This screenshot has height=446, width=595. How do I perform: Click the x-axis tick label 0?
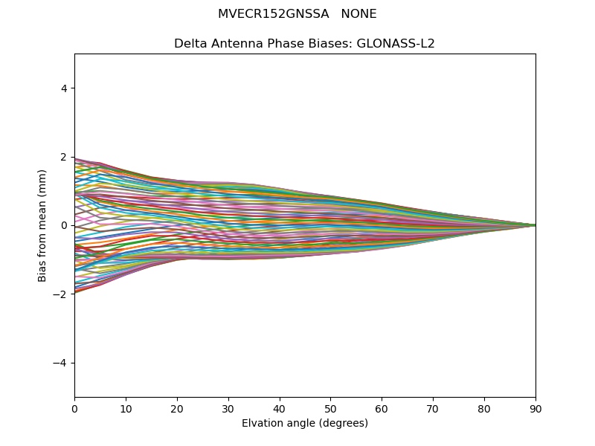(74, 408)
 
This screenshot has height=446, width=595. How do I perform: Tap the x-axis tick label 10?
(126, 408)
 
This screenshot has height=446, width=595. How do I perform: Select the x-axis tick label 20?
(177, 408)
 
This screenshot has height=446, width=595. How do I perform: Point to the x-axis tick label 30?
(228, 408)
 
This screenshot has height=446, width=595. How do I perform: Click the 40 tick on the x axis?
(280, 408)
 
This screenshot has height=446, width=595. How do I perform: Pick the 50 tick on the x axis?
(330, 408)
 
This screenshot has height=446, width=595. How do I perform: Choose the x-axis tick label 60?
(382, 408)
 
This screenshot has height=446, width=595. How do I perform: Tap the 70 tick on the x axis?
(433, 408)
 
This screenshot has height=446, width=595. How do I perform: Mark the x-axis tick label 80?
(484, 408)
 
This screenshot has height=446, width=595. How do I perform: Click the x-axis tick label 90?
(535, 408)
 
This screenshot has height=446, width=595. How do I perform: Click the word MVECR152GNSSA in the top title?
(274, 14)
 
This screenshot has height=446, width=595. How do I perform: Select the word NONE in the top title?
(358, 14)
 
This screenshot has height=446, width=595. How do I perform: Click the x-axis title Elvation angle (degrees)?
(305, 423)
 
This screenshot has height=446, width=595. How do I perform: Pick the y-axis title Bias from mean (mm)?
(43, 225)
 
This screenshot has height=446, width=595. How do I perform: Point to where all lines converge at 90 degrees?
(535, 225)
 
